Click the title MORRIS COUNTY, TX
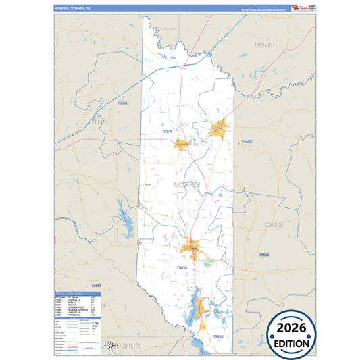77,7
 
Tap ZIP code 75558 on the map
122,103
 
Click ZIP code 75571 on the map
168,131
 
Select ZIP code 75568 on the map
247,142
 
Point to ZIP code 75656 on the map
263,255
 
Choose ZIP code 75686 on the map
95,286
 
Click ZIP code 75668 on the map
217,336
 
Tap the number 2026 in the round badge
291,328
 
